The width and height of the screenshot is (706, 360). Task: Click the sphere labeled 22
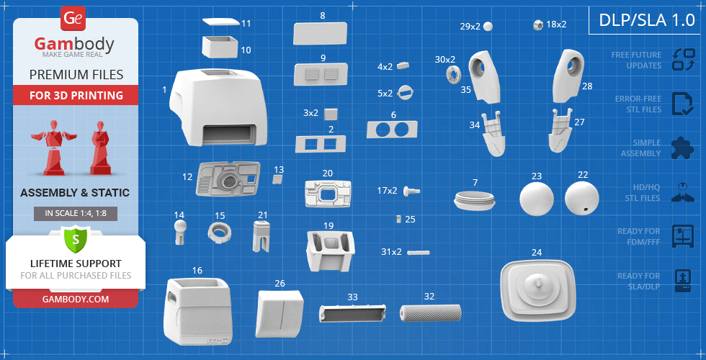[582, 197]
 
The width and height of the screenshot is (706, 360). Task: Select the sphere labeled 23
[537, 198]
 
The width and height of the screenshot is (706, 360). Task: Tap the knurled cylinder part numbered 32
[431, 313]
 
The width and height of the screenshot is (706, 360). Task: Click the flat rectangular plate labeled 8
[321, 33]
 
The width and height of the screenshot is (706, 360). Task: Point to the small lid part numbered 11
[220, 23]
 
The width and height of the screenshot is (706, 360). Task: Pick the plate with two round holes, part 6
[392, 130]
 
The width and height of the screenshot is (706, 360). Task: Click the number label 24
[537, 253]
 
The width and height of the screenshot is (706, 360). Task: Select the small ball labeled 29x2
[488, 26]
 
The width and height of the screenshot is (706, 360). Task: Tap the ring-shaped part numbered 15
[221, 231]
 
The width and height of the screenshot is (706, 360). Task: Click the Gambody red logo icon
[73, 18]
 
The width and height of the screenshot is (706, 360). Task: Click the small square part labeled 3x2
[331, 113]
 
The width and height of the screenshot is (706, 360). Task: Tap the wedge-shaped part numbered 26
[277, 314]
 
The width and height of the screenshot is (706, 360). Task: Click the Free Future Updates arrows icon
[683, 59]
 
